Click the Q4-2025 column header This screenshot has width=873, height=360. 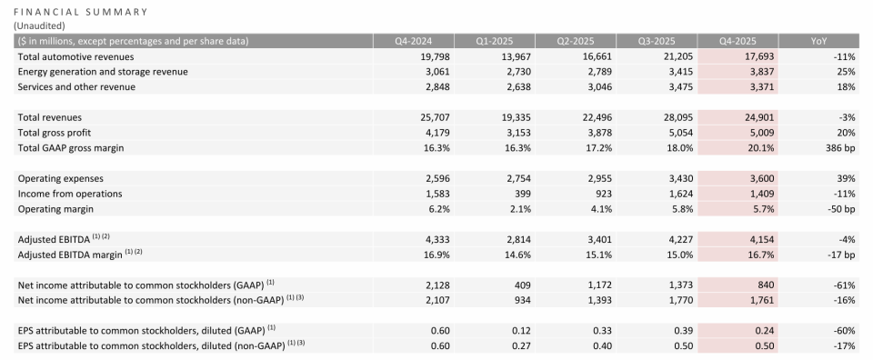tap(738, 41)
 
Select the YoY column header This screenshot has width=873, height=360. tap(819, 41)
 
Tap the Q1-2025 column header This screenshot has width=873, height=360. tap(495, 41)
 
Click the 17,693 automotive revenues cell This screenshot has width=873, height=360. tap(758, 56)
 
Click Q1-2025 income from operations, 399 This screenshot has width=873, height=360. tap(523, 194)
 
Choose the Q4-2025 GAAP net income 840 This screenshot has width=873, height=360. tap(766, 285)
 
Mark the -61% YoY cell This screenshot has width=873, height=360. tap(845, 285)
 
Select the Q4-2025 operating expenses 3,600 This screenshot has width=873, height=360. tap(760, 178)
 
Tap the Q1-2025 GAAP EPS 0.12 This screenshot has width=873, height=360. tap(522, 331)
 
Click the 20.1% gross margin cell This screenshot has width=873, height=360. tap(760, 148)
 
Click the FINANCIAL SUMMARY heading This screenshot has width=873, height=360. tap(81, 12)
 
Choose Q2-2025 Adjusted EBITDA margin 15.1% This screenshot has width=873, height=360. tap(599, 255)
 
